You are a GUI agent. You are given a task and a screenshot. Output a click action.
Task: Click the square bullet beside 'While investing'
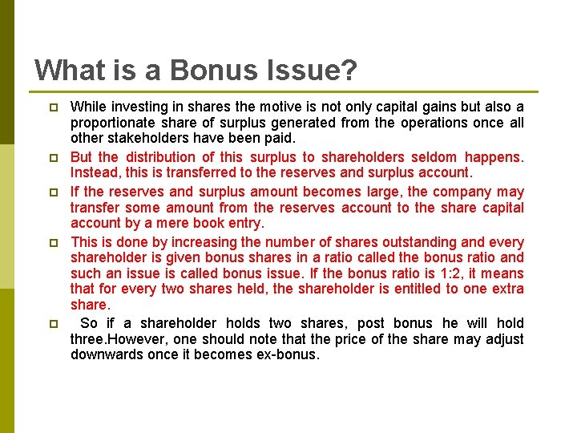(x=53, y=107)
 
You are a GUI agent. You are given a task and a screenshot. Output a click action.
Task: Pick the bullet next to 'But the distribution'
(x=53, y=158)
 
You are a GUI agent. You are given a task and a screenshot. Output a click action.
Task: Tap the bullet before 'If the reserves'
(x=53, y=192)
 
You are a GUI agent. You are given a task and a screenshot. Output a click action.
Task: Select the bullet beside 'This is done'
(x=53, y=242)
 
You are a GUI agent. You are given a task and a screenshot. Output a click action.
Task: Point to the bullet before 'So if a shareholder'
(x=53, y=324)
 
